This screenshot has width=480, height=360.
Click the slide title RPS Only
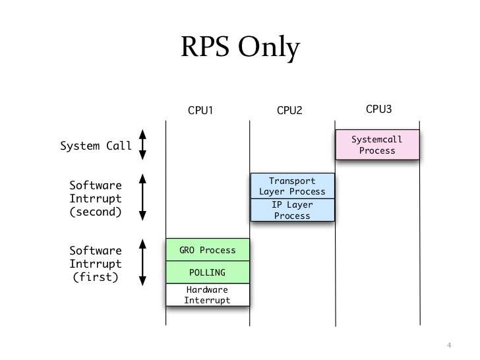pos(240,49)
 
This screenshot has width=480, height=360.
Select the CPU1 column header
pos(200,110)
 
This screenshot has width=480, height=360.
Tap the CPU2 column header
pos(289,110)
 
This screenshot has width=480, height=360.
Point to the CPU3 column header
pos(378,109)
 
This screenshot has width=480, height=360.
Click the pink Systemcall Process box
pos(377,145)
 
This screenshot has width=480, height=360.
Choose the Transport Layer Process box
pos(292,186)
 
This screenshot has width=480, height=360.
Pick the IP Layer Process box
pos(292,210)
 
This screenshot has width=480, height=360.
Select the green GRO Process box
pos(208,250)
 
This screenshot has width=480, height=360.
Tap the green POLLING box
pos(208,272)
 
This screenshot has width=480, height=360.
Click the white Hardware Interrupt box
pos(208,295)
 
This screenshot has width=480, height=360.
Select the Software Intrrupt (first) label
pos(96,264)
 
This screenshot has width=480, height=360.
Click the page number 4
pos(448,345)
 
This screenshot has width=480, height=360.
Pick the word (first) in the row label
pos(96,277)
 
